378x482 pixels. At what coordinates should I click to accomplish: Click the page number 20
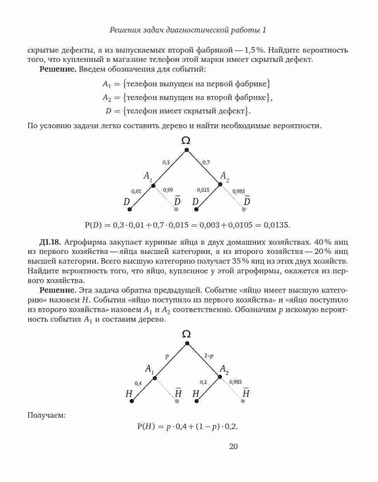tap(233, 447)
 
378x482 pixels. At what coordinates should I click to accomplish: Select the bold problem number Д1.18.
tap(50, 242)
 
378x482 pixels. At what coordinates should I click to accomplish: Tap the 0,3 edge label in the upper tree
tap(166, 162)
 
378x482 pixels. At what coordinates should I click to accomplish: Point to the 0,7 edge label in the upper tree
tap(206, 162)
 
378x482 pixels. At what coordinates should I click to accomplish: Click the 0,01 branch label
tap(136, 191)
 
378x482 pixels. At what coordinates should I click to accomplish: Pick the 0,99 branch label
tap(168, 190)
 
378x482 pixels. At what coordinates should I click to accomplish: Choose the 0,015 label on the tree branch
tap(203, 190)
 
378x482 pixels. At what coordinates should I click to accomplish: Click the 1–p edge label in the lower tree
tap(209, 356)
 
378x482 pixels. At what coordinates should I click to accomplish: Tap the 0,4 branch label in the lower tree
tap(138, 383)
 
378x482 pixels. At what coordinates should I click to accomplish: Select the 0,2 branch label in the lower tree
tap(204, 382)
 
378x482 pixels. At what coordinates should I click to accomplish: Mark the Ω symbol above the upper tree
tap(186, 140)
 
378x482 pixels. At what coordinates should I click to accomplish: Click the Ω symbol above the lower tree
tap(186, 334)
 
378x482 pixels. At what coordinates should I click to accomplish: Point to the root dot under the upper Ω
tap(186, 149)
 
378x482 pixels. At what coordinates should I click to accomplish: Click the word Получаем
tap(47, 415)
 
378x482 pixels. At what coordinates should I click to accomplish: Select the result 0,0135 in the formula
tap(277, 225)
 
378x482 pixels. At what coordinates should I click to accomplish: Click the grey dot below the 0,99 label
tap(176, 209)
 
